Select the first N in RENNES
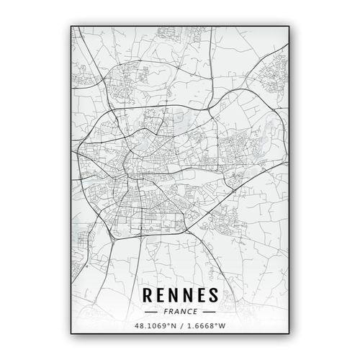click(x=172, y=296)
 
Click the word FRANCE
click(x=180, y=312)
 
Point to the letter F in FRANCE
click(x=166, y=312)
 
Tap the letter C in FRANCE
click(x=189, y=312)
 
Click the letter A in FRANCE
click(x=177, y=312)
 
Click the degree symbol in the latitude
click(x=168, y=325)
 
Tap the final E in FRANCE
click(x=194, y=312)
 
